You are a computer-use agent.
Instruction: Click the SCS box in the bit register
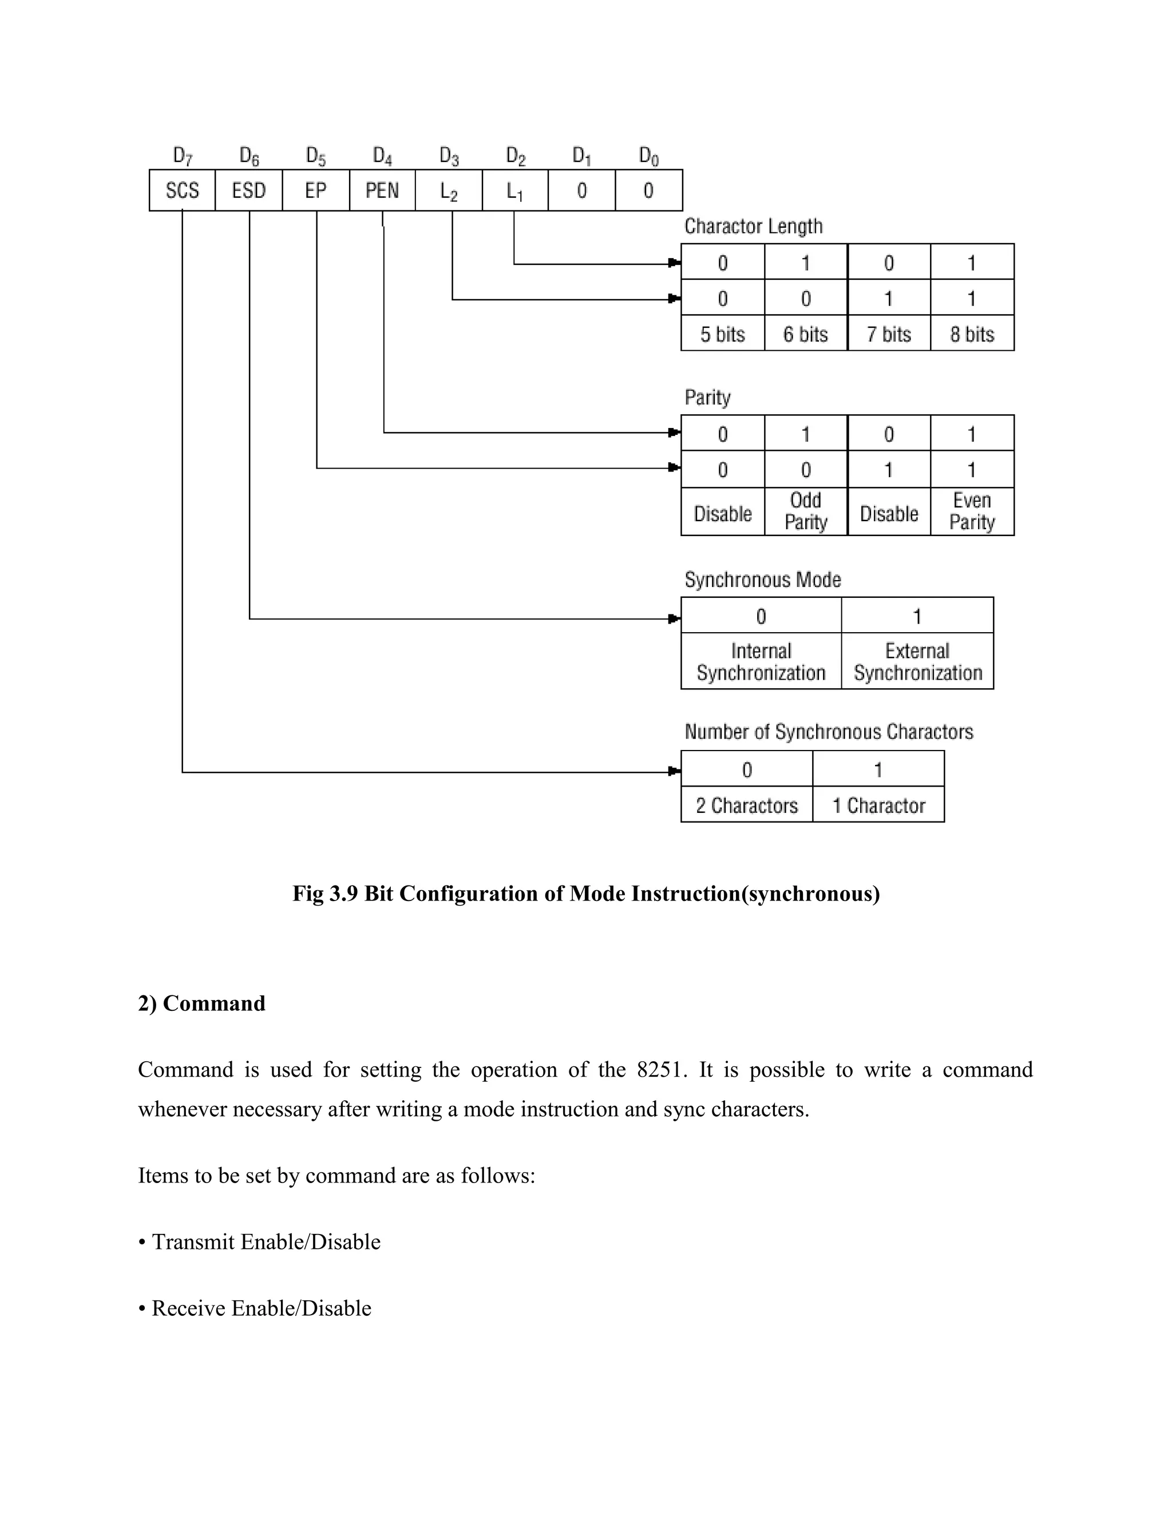click(182, 190)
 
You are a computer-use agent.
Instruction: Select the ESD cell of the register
click(248, 190)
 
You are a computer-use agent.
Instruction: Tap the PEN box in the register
click(382, 190)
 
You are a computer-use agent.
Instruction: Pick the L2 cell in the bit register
click(449, 190)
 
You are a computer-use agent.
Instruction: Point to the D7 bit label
click(182, 156)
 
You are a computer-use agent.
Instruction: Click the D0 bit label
click(648, 156)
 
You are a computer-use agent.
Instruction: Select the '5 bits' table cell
click(722, 334)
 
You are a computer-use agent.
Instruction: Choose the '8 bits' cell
click(972, 334)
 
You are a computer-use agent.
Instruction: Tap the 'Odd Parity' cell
click(805, 511)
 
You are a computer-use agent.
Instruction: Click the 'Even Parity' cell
click(972, 511)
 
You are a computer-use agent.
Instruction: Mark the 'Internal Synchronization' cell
click(761, 661)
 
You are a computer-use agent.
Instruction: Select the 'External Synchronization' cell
click(917, 661)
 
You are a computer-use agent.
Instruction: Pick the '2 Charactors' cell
click(746, 805)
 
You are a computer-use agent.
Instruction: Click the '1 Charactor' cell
click(878, 805)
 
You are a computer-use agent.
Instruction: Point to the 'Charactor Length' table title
click(753, 227)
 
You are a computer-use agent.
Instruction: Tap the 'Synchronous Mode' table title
click(762, 580)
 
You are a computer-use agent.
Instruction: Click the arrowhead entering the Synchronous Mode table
click(674, 618)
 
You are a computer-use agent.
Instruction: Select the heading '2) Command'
click(201, 1003)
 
